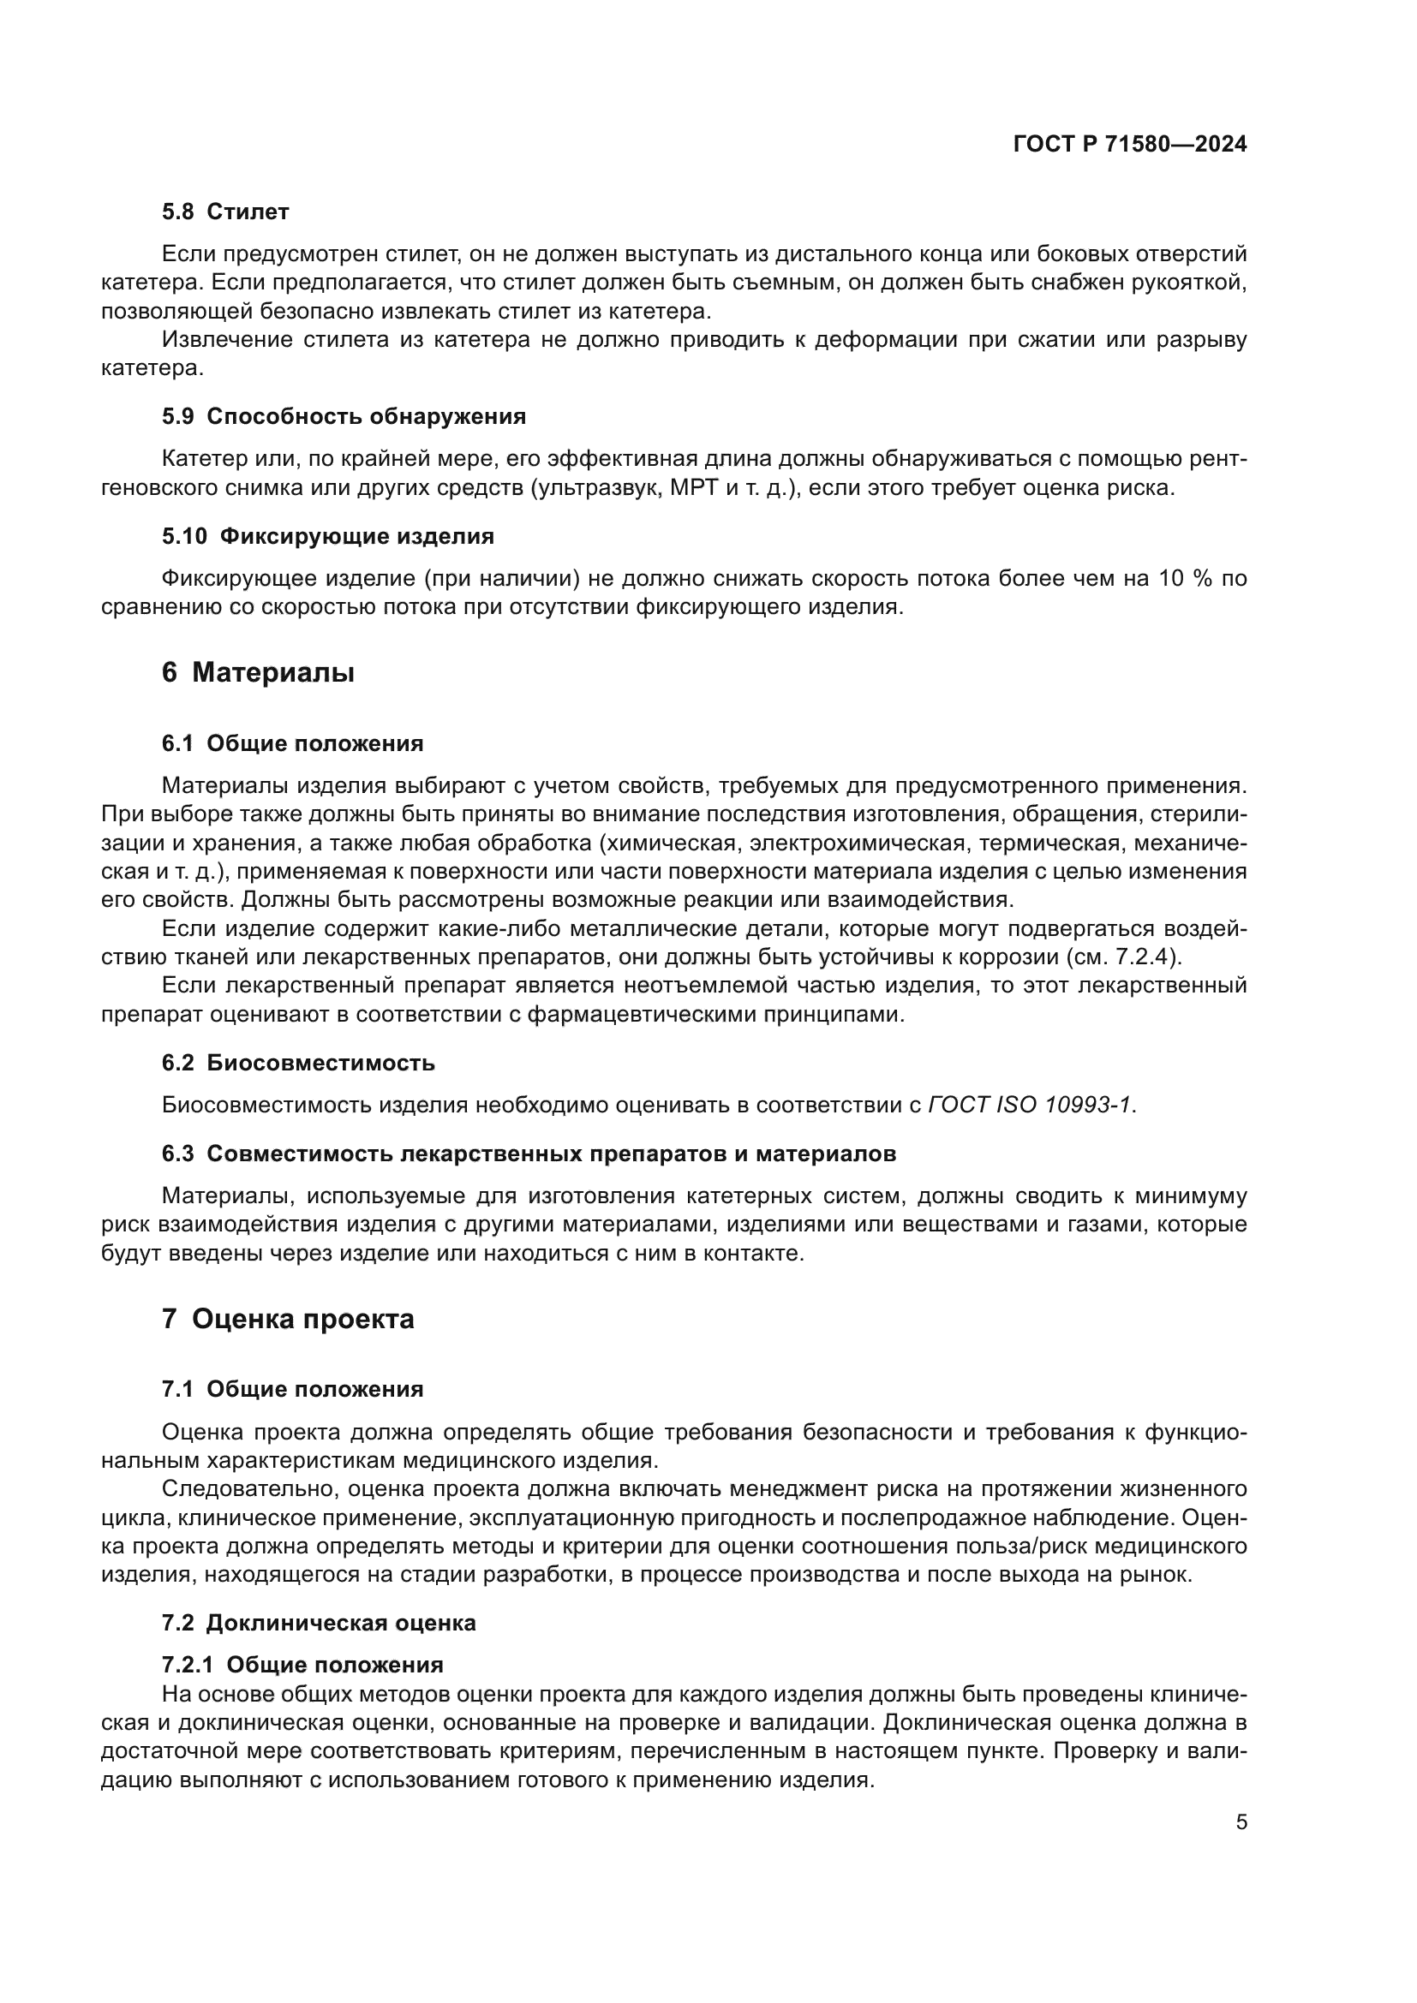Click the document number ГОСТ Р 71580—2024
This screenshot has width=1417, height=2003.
pyautogui.click(x=1129, y=145)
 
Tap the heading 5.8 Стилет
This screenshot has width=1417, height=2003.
pyautogui.click(x=225, y=212)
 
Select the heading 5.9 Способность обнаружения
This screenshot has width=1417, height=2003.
pyautogui.click(x=344, y=416)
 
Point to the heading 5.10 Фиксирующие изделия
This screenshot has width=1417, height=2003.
pyautogui.click(x=328, y=537)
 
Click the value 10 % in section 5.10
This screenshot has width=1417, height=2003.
pyautogui.click(x=1186, y=579)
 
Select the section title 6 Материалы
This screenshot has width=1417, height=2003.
pyautogui.click(x=258, y=672)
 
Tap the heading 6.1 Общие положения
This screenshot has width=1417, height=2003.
pyautogui.click(x=292, y=744)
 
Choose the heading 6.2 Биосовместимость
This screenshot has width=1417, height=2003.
pyautogui.click(x=298, y=1064)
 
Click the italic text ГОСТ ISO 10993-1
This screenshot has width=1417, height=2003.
pyautogui.click(x=1030, y=1106)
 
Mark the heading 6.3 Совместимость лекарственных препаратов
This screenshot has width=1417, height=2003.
pyautogui.click(x=529, y=1154)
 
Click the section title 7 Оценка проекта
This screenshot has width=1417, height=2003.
pyautogui.click(x=288, y=1319)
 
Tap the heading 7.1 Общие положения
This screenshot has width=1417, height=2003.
pyautogui.click(x=292, y=1390)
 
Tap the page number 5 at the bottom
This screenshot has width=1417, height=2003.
pyautogui.click(x=1241, y=1823)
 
